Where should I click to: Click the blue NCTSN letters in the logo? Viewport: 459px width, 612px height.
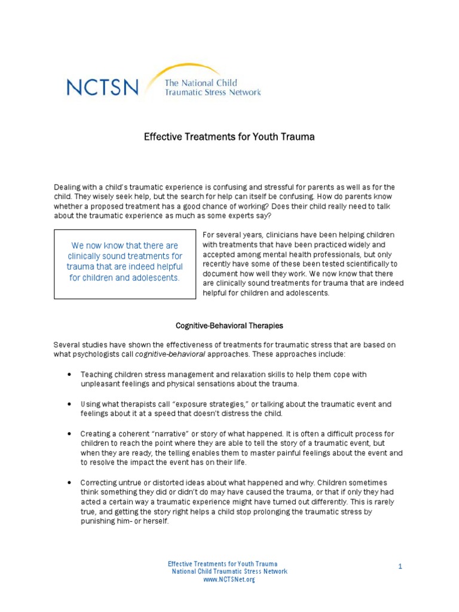click(x=102, y=88)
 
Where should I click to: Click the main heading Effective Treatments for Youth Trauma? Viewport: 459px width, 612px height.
click(x=229, y=137)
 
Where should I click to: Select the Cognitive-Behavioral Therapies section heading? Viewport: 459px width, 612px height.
click(x=229, y=326)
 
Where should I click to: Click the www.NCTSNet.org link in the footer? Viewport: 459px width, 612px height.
click(x=229, y=580)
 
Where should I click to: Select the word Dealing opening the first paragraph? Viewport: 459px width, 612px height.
click(x=68, y=187)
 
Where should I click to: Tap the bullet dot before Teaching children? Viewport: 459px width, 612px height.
click(x=71, y=375)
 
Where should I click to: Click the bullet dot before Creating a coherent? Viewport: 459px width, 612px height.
click(x=71, y=433)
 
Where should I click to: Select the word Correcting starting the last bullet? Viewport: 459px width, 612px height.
click(x=99, y=482)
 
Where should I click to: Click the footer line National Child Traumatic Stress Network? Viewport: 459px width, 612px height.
click(x=229, y=571)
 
